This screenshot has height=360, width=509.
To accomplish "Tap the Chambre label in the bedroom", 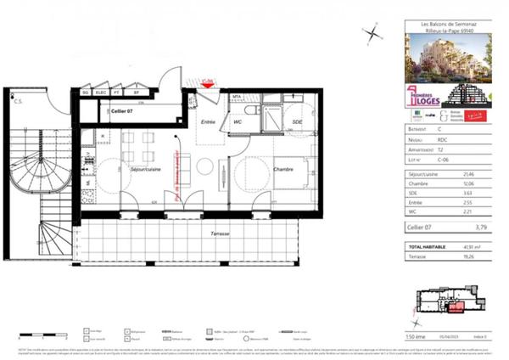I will click(282, 169).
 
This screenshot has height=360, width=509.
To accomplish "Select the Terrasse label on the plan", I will click(200, 232).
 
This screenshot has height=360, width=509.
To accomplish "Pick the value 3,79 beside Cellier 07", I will click(481, 227).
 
